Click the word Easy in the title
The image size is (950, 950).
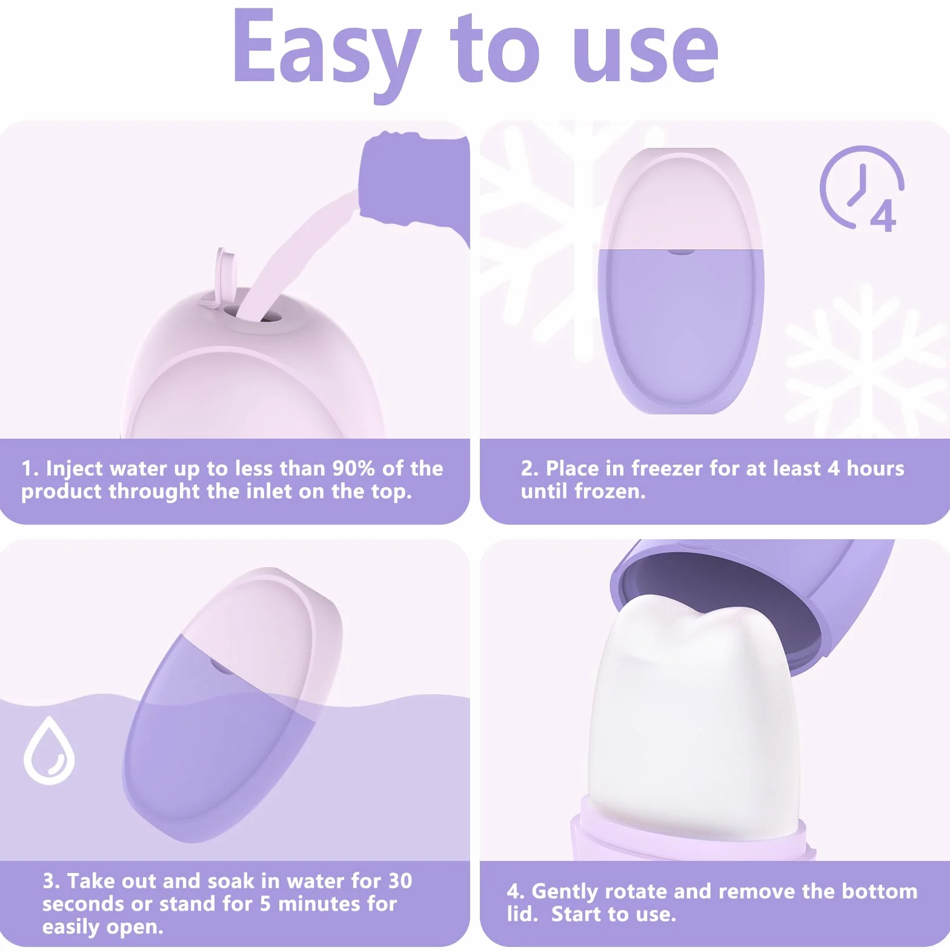[x=327, y=53]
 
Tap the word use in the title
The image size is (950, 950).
[x=645, y=53]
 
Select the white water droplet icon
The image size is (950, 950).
[x=49, y=750]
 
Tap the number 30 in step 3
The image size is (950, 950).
[x=399, y=881]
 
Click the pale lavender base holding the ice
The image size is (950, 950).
[x=688, y=833]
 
